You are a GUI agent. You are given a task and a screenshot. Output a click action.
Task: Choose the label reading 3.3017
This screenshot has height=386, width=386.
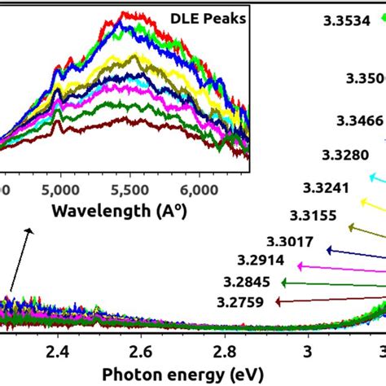click(289, 241)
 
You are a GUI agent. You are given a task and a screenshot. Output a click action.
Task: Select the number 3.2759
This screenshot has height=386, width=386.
click(241, 301)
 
